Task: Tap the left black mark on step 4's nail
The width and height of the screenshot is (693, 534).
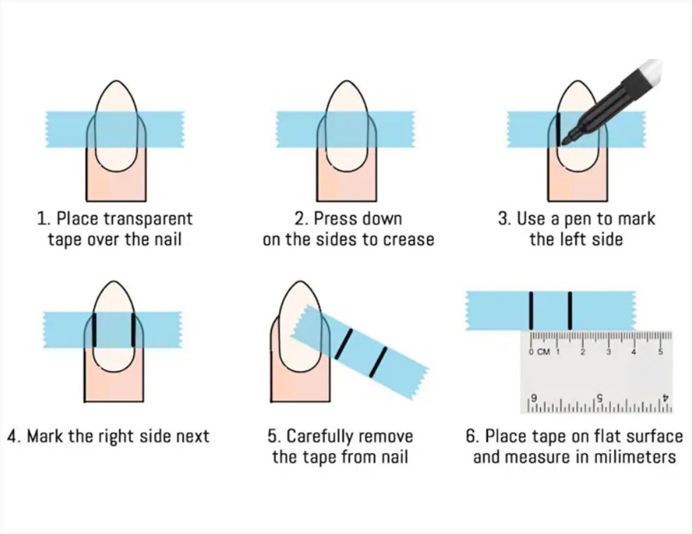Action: pos(94,330)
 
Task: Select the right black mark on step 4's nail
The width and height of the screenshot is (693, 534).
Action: pos(133,330)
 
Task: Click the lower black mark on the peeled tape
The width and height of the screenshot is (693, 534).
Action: pos(378,362)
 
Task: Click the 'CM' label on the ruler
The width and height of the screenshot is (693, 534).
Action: pos(543,352)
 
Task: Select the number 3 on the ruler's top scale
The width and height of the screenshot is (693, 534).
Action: pos(609,352)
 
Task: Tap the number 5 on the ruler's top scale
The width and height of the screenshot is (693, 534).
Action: pos(660,352)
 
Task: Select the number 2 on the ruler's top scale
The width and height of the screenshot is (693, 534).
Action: pos(583,352)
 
